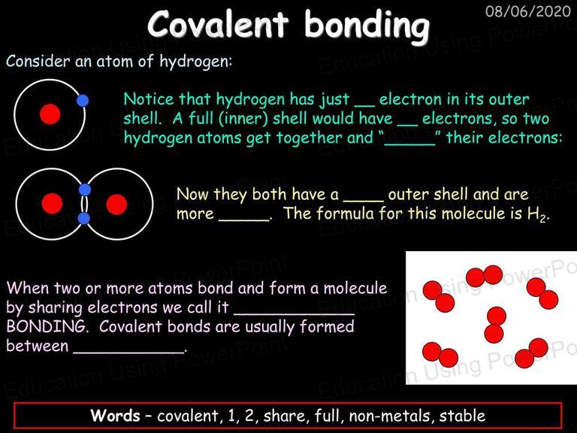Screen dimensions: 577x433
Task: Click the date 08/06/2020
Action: [527, 11]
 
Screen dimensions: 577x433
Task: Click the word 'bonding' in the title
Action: [367, 25]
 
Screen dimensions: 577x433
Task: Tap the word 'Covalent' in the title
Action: [218, 23]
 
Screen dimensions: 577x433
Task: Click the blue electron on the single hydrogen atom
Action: [83, 100]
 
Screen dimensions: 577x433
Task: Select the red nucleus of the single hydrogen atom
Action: [50, 114]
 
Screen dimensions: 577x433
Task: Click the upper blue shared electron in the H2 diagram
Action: [85, 189]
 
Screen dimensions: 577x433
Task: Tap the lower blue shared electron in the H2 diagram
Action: [84, 218]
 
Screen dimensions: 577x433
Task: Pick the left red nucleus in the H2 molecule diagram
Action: [52, 203]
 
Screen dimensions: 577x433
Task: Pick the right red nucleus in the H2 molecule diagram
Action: [116, 204]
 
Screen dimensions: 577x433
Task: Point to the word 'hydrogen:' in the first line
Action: [196, 62]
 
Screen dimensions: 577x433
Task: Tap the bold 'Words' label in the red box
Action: [115, 415]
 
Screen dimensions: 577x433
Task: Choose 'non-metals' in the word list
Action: [389, 416]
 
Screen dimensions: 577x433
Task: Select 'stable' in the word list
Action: [462, 415]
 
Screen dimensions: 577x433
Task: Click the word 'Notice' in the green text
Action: [148, 99]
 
